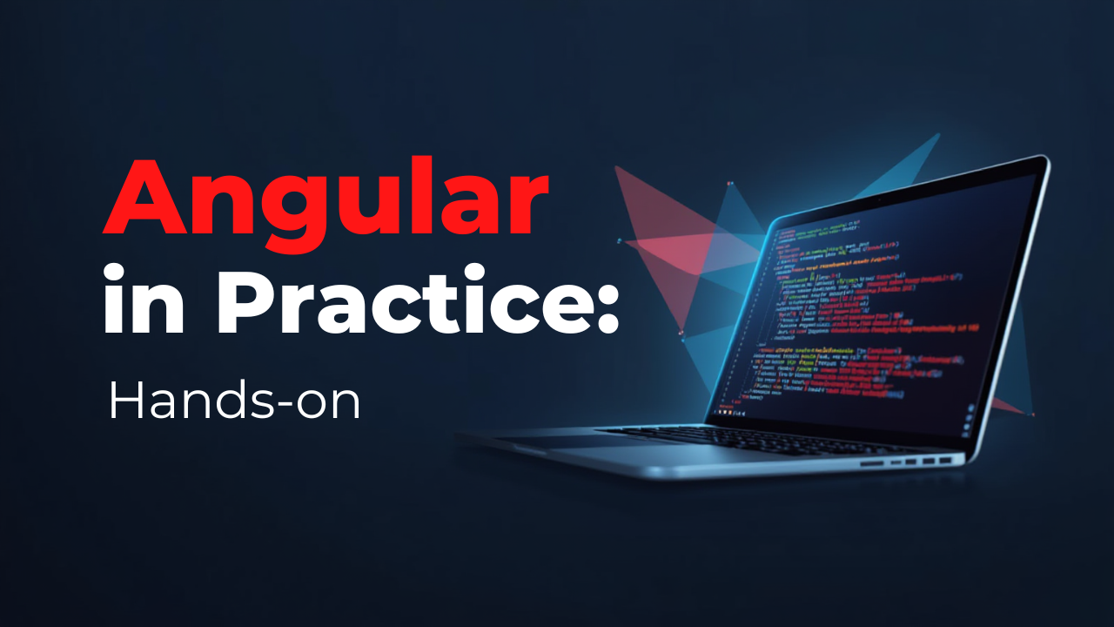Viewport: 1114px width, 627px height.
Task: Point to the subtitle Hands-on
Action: point(234,401)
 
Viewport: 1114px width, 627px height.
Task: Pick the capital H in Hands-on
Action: point(124,401)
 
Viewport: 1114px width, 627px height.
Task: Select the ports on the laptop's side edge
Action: point(909,462)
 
